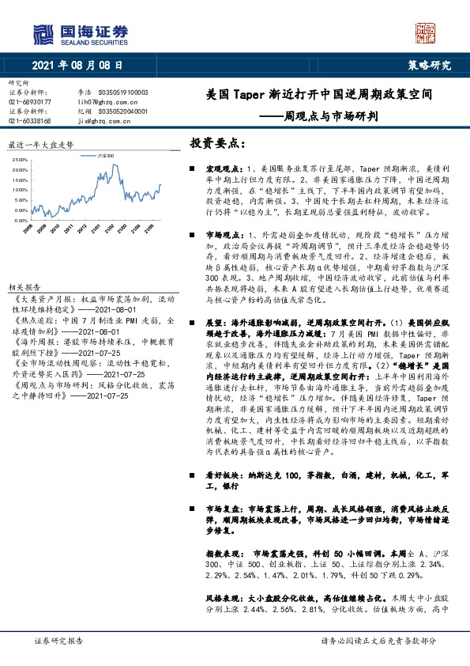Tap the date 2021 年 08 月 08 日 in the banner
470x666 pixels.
tap(78, 66)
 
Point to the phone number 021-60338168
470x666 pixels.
tap(29, 120)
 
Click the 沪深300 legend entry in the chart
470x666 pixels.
tap(107, 157)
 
